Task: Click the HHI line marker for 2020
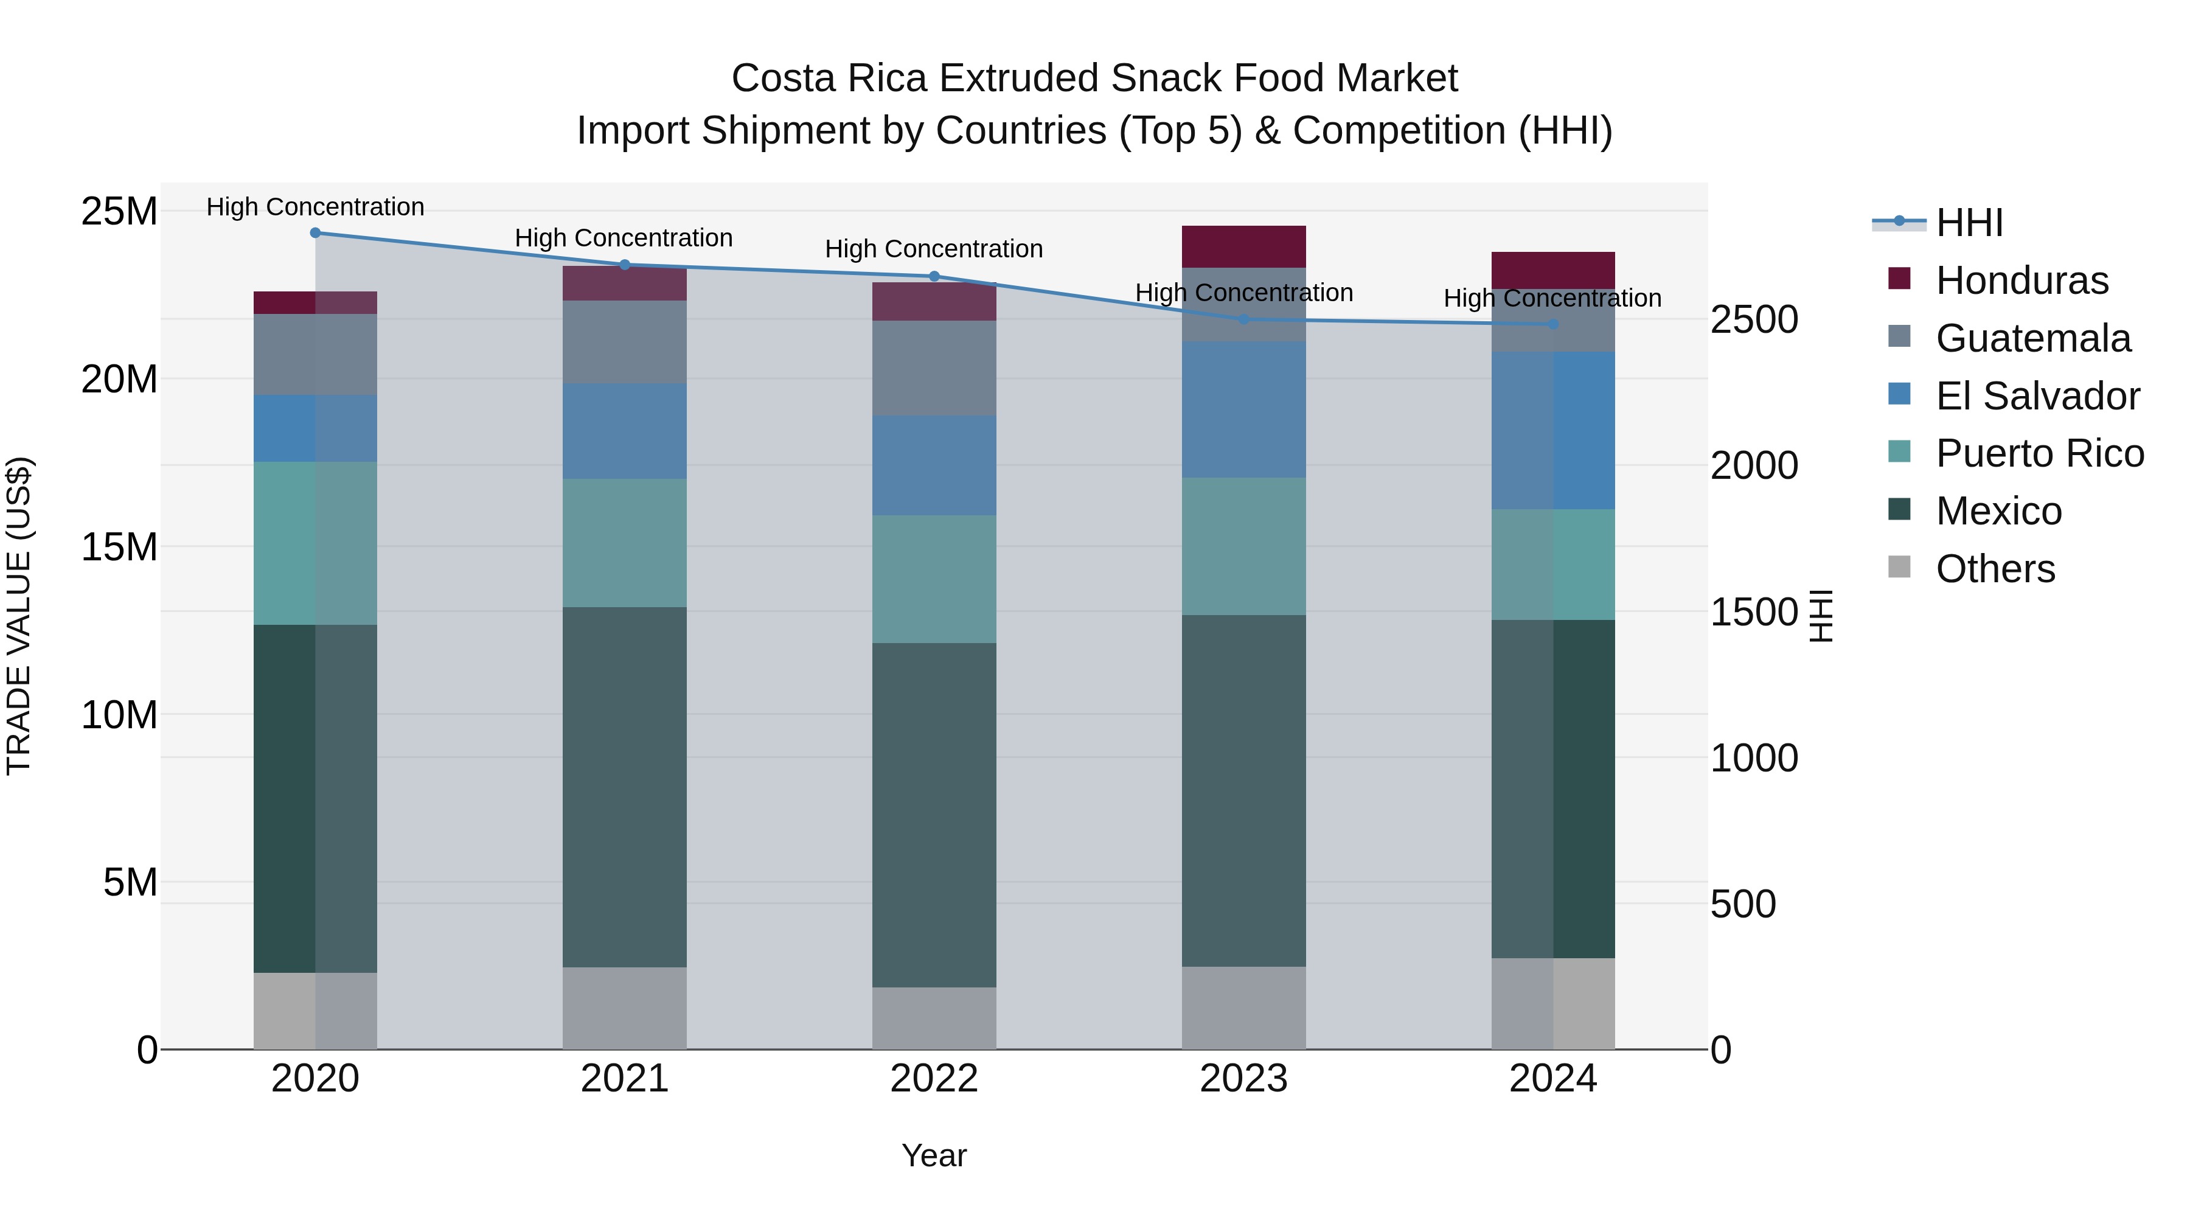[x=315, y=233]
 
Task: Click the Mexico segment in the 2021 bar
[x=625, y=787]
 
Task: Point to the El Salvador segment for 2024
[x=1553, y=430]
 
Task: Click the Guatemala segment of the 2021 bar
[x=625, y=342]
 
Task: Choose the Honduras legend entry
[x=2021, y=280]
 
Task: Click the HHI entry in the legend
[x=1969, y=223]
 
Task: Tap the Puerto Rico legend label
[x=2040, y=453]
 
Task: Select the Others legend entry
[x=1995, y=569]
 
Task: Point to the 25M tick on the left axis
[x=119, y=211]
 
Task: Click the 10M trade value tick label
[x=119, y=715]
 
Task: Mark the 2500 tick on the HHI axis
[x=1753, y=321]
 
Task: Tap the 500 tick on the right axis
[x=1742, y=904]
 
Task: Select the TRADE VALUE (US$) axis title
[x=19, y=616]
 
